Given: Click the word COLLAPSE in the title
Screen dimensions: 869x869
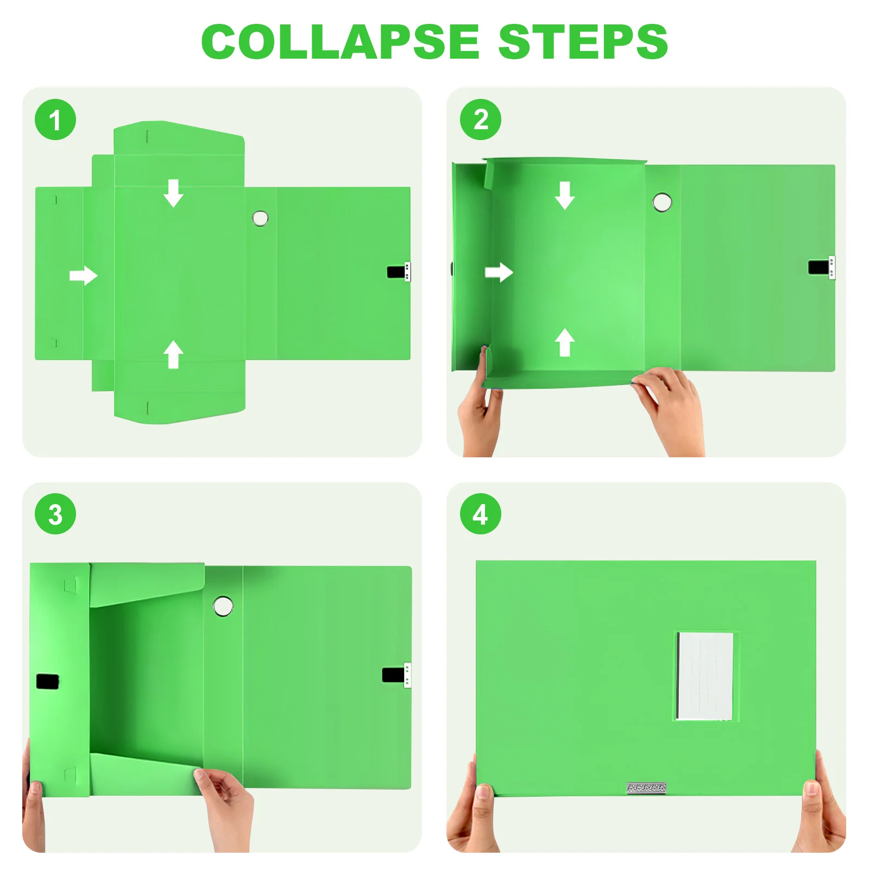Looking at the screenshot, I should [x=340, y=42].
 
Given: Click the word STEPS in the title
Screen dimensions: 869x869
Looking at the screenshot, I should [x=582, y=42].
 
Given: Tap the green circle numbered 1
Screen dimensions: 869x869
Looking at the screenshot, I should [x=55, y=119].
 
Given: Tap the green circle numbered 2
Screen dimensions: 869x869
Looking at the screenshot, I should [x=480, y=119].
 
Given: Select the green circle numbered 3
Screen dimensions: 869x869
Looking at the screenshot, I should [x=55, y=514].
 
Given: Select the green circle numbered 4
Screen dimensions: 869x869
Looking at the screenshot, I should [x=480, y=514].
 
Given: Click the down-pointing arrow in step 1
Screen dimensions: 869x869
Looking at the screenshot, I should [x=173, y=193].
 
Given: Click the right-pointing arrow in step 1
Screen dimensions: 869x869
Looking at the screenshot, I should [x=83, y=275].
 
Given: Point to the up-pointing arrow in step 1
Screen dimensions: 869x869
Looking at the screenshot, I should [x=173, y=354].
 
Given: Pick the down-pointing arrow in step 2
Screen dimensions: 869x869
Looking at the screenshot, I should [x=564, y=196].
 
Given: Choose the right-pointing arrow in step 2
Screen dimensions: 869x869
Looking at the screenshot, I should [x=499, y=272].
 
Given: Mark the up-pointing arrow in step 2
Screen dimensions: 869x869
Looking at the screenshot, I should [x=564, y=342].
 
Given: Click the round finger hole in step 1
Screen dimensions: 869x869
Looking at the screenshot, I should [x=260, y=218].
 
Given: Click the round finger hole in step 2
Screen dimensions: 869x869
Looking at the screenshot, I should [x=662, y=202].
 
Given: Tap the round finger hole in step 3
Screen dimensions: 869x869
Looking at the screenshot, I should [x=223, y=606].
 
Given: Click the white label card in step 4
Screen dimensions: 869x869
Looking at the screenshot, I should [x=704, y=676].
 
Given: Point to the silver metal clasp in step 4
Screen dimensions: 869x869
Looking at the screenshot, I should [x=646, y=788].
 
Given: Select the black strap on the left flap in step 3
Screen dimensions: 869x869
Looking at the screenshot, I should [x=47, y=681].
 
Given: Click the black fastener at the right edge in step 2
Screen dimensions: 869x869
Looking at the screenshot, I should [x=819, y=267].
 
